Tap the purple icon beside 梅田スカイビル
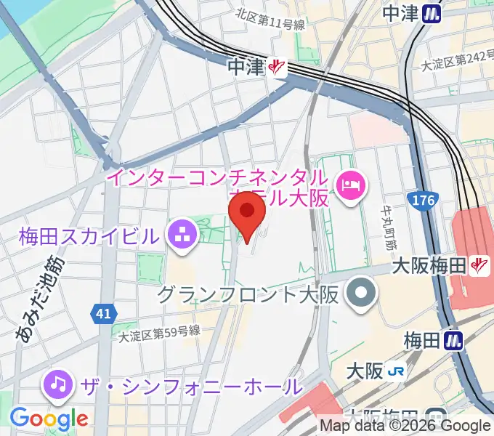pyautogui.click(x=178, y=235)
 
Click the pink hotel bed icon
pyautogui.click(x=352, y=186)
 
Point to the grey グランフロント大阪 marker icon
pyautogui.click(x=360, y=294)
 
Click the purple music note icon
pyautogui.click(x=58, y=383)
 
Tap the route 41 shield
pyautogui.click(x=102, y=314)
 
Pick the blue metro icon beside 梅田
pyautogui.click(x=455, y=339)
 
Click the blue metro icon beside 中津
pyautogui.click(x=434, y=12)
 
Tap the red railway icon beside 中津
pyautogui.click(x=277, y=67)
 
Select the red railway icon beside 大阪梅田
pyautogui.click(x=479, y=265)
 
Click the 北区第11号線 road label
pyautogui.click(x=270, y=25)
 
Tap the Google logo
pyautogui.click(x=49, y=419)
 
